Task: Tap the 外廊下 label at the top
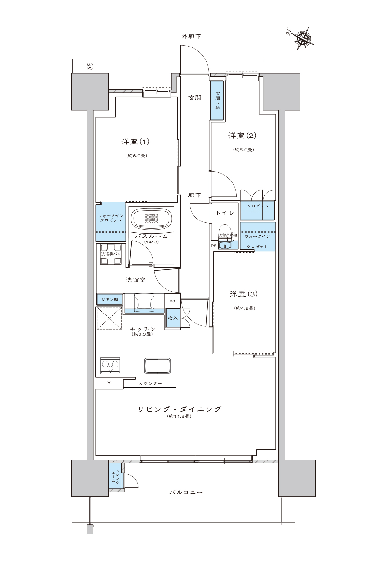(191, 37)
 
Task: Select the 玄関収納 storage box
(217, 100)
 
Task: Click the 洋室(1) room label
(135, 141)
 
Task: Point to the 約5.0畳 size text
(244, 150)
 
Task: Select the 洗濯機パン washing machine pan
(111, 254)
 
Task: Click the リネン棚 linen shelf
(110, 299)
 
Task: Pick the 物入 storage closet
(172, 318)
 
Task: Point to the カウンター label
(150, 384)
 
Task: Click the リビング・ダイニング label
(180, 409)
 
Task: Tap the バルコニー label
(186, 492)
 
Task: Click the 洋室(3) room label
(244, 294)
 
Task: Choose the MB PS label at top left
(90, 67)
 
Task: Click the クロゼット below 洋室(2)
(258, 211)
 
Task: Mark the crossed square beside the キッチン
(109, 318)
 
